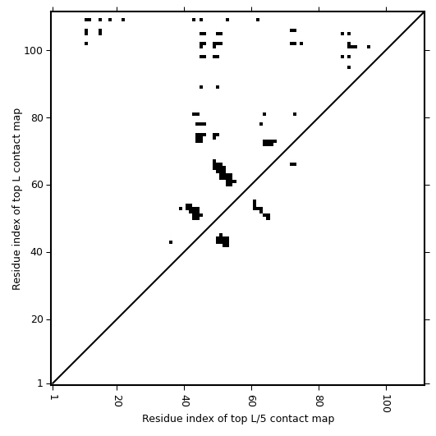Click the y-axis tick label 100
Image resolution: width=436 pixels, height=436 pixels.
33,51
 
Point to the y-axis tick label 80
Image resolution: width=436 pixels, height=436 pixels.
36,118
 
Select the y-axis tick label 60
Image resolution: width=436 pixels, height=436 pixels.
36,186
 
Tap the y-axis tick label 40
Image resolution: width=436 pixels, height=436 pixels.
36,253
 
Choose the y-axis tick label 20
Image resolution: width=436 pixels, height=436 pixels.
36,320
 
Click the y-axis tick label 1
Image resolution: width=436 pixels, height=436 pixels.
39,383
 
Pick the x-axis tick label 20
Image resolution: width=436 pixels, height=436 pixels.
117,401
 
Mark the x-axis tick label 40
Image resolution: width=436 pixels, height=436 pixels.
185,401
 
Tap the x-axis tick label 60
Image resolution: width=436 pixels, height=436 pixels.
252,401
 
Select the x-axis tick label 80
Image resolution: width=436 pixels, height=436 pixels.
319,401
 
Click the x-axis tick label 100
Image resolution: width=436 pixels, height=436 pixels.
387,403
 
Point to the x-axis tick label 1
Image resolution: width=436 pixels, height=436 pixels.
53,397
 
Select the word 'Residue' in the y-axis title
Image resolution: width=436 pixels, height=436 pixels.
16,275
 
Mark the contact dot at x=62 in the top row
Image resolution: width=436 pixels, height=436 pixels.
258,20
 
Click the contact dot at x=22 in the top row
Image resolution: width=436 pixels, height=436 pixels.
123,20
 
